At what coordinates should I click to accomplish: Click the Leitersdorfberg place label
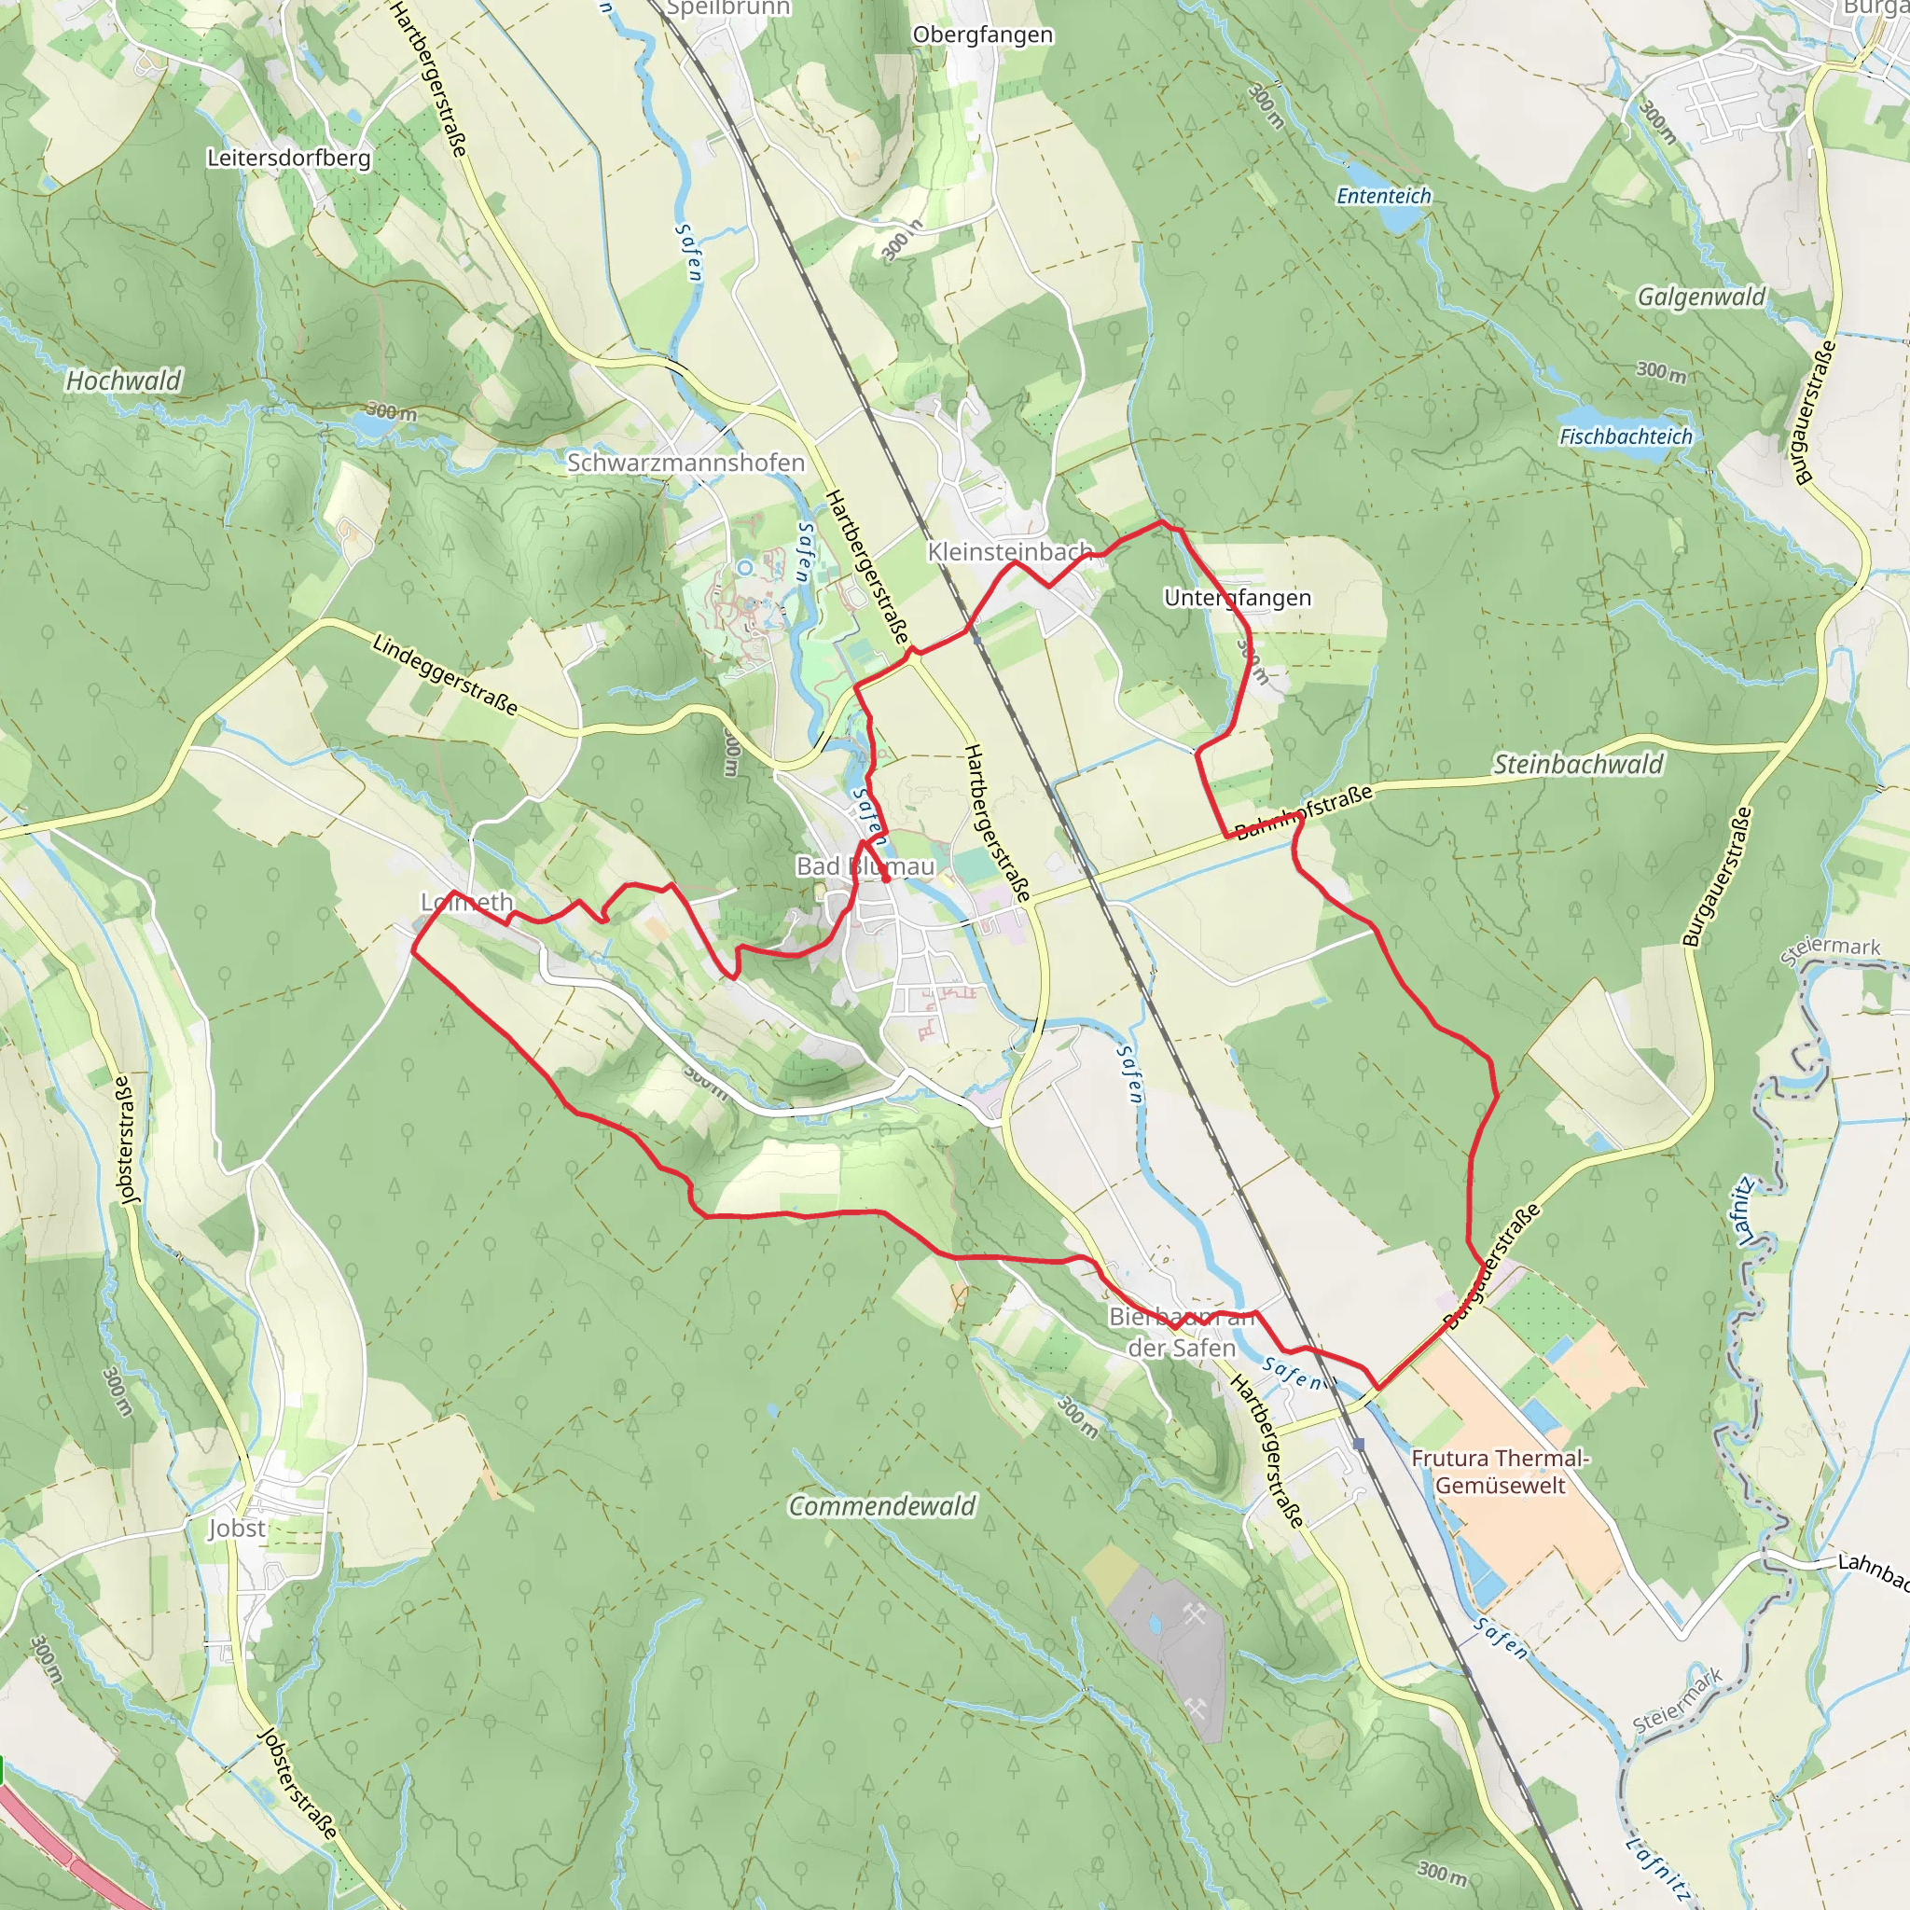point(289,159)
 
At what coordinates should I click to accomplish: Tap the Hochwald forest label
point(124,381)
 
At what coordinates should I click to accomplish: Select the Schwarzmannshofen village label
point(685,463)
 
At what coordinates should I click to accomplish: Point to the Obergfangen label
point(983,35)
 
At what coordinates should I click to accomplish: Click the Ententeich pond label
point(1383,196)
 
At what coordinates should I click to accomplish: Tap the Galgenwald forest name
point(1700,297)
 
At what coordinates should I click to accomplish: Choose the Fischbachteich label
point(1626,436)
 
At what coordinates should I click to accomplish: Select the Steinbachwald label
point(1578,764)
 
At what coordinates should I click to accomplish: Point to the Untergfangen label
point(1237,598)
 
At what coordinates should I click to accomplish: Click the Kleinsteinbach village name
point(1009,552)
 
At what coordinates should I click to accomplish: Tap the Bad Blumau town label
point(865,866)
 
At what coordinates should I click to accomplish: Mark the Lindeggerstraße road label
point(445,674)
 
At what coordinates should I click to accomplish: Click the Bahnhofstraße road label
point(1304,810)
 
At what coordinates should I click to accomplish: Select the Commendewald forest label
point(880,1505)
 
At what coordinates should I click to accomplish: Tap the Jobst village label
point(236,1529)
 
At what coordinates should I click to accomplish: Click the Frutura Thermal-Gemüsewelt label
point(1500,1471)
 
